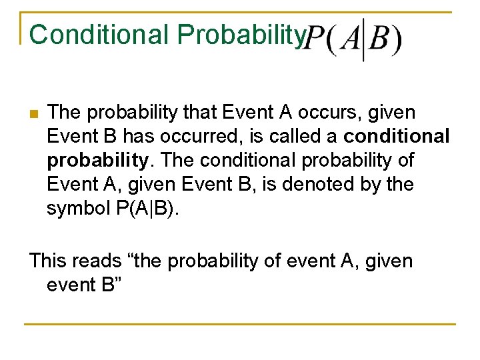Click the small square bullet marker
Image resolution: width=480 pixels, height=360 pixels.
click(x=32, y=113)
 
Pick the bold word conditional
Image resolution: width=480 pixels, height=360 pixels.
click(x=397, y=137)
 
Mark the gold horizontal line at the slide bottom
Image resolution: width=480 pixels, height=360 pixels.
click(x=240, y=325)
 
